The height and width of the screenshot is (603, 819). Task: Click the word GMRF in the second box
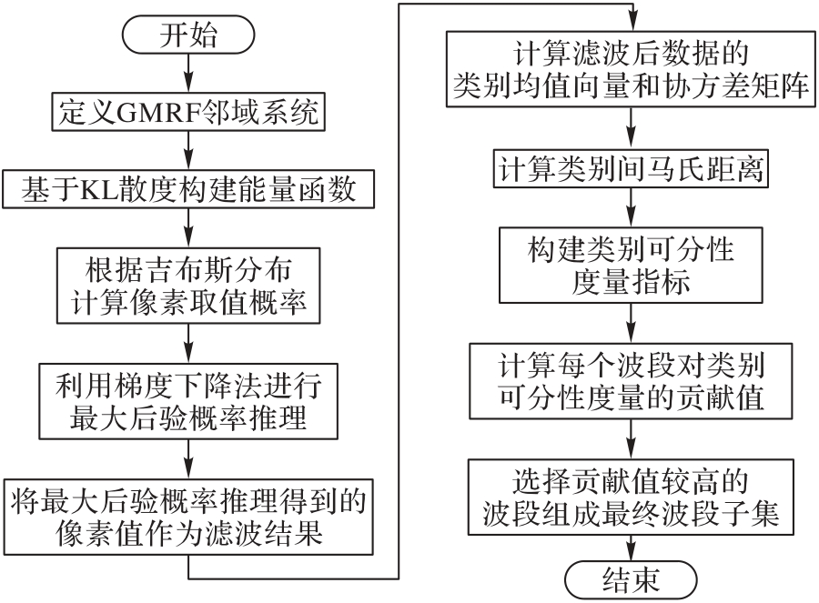pos(160,113)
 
